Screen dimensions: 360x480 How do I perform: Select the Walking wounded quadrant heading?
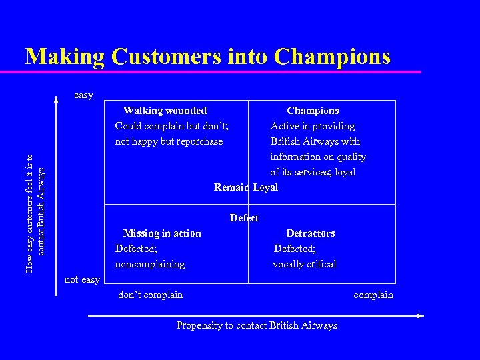pos(165,111)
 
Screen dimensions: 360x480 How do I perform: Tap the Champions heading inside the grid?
pos(313,111)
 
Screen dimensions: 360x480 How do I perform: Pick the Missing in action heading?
pos(162,233)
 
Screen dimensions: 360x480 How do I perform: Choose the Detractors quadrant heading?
pos(310,233)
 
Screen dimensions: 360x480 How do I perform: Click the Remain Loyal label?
pos(246,187)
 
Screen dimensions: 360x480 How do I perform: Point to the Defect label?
pos(244,218)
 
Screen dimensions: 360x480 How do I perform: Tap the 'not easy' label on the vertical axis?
pos(82,279)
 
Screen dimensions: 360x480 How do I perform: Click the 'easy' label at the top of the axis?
pos(83,95)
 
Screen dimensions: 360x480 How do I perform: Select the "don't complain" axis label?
pos(150,295)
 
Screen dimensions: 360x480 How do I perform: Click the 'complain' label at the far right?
pos(373,295)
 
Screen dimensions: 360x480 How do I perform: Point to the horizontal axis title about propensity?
pos(257,325)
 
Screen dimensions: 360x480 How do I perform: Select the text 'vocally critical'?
pos(305,264)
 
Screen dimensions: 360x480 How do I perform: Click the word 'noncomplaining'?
pos(150,264)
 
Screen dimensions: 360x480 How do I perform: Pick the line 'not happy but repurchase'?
pos(169,141)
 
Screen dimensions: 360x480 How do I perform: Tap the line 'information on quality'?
pos(318,157)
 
